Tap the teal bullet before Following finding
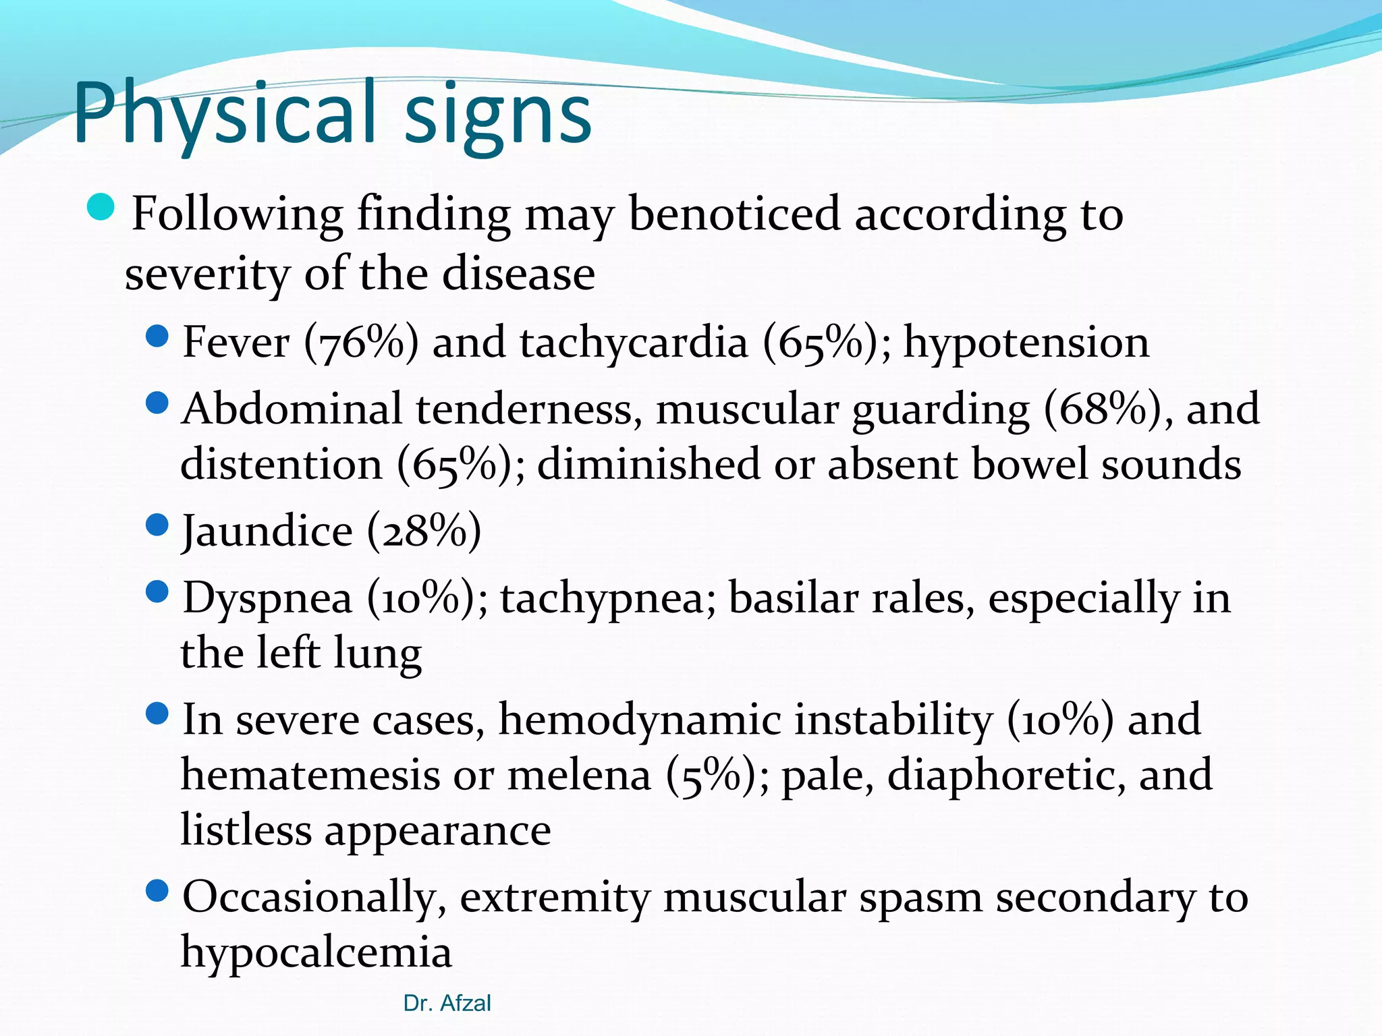[x=101, y=206]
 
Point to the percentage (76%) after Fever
[x=361, y=343]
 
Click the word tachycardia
[x=634, y=343]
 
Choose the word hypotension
[x=1026, y=343]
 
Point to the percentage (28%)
[x=424, y=531]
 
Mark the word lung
[x=378, y=654]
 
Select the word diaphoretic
[x=1006, y=776]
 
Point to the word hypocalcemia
[x=316, y=952]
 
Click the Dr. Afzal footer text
[x=447, y=1004]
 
